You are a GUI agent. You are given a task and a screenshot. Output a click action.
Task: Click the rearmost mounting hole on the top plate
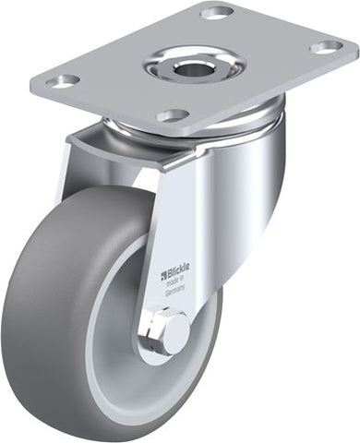pos(218,14)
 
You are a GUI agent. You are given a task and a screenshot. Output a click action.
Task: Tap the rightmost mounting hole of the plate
pos(326,47)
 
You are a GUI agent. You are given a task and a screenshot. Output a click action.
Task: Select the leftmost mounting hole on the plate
pos(64,80)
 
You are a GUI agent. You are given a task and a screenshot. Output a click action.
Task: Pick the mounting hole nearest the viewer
pos(173,115)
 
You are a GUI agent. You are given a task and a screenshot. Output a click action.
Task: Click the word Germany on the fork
pos(174,291)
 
